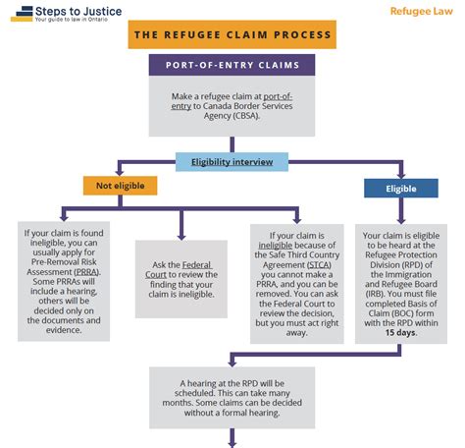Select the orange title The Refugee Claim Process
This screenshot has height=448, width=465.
[x=232, y=35]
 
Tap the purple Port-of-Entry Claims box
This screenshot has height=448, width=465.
[x=232, y=66]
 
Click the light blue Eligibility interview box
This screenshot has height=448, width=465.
[x=232, y=161]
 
